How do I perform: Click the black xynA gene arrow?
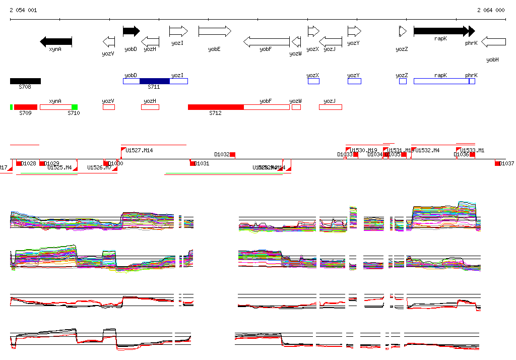click(x=56, y=41)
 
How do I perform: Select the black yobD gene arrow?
click(x=131, y=31)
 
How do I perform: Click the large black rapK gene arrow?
click(x=441, y=31)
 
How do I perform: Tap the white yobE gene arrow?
click(x=214, y=31)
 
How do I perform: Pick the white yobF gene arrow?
click(x=267, y=41)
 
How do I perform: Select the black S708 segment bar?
click(x=25, y=81)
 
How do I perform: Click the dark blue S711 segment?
click(x=155, y=81)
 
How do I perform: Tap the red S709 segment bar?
click(x=25, y=107)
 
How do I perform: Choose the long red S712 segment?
click(x=216, y=107)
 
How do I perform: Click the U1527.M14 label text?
click(x=139, y=150)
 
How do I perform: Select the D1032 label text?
click(x=222, y=154)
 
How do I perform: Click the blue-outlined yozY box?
click(x=354, y=81)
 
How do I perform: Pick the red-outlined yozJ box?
click(x=330, y=107)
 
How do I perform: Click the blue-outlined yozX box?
click(x=313, y=81)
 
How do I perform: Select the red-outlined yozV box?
click(x=108, y=107)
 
